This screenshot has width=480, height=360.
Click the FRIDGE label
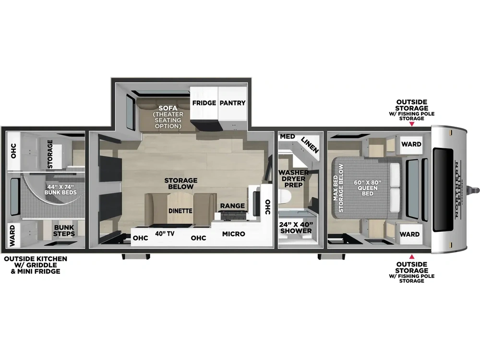pyautogui.click(x=204, y=103)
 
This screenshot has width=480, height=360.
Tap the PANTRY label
pyautogui.click(x=232, y=103)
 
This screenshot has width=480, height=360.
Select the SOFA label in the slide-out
pyautogui.click(x=168, y=108)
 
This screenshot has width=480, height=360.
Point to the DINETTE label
pyautogui.click(x=180, y=211)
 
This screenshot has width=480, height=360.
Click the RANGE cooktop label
pyautogui.click(x=232, y=206)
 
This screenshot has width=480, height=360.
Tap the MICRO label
pyautogui.click(x=234, y=234)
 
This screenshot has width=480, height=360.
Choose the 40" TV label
pyautogui.click(x=165, y=234)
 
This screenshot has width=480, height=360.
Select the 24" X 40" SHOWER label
pyautogui.click(x=296, y=228)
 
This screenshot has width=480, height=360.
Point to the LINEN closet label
pyautogui.click(x=310, y=145)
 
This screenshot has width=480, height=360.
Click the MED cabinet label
pyautogui.click(x=288, y=136)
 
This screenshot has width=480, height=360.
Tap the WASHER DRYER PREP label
pyautogui.click(x=293, y=179)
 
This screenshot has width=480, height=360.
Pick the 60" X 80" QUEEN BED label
pyautogui.click(x=367, y=188)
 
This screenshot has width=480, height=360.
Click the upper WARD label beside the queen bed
pyautogui.click(x=411, y=144)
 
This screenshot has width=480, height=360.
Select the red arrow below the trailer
pyautogui.click(x=412, y=256)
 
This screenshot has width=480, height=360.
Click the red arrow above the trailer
pyautogui.click(x=412, y=124)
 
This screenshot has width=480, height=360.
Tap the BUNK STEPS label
pyautogui.click(x=64, y=230)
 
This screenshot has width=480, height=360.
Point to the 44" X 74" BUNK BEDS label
pyautogui.click(x=60, y=189)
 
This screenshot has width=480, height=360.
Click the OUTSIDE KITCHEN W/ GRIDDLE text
pyautogui.click(x=36, y=262)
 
